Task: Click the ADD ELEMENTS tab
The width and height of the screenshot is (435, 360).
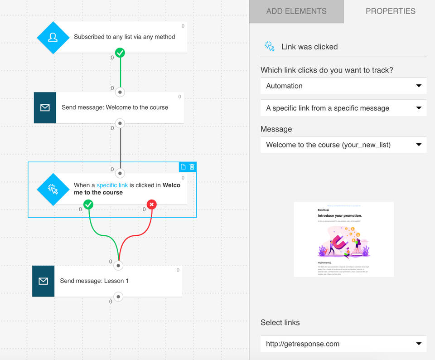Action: (296, 11)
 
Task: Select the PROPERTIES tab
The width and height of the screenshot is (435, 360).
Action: (390, 11)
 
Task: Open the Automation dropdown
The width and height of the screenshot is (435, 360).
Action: (343, 86)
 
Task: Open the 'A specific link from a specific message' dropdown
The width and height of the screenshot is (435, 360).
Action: (343, 108)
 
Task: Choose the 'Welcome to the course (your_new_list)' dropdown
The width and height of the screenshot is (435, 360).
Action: (343, 145)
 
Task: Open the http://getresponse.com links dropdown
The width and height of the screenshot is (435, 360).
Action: (343, 344)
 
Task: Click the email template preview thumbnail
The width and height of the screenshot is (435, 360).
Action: (343, 239)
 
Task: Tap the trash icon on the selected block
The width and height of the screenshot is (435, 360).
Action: (192, 167)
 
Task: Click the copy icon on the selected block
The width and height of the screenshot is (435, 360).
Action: (183, 167)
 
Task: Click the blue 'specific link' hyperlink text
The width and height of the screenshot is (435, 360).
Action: (112, 185)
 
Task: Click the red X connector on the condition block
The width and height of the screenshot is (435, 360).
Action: (152, 205)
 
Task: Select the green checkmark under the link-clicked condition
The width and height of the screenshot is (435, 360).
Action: (88, 205)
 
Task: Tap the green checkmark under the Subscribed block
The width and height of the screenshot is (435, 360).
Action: (120, 53)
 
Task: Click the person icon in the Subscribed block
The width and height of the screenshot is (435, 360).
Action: (53, 37)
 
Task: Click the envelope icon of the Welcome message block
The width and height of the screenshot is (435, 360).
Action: (45, 108)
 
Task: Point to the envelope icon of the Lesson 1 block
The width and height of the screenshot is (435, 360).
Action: (43, 281)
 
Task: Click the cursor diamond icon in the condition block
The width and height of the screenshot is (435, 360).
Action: (53, 189)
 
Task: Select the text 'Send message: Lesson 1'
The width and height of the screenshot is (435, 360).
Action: (94, 281)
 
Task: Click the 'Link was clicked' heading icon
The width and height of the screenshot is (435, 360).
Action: (270, 46)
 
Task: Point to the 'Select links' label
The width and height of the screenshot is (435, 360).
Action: (280, 322)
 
